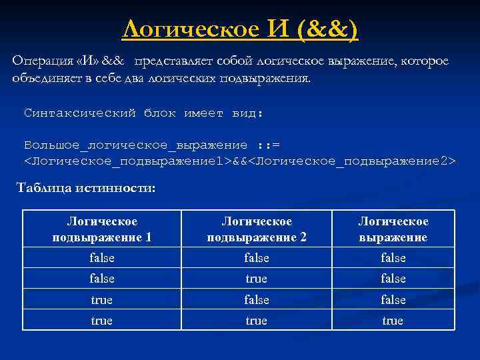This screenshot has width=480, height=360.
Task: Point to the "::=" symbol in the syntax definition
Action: (x=269, y=145)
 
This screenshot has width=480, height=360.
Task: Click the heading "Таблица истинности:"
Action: (x=86, y=189)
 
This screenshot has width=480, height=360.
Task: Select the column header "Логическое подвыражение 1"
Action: (x=102, y=229)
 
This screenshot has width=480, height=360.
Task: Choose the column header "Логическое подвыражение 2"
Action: (x=257, y=229)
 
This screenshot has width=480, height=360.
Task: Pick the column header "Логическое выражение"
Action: (x=393, y=229)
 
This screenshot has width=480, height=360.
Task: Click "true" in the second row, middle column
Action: (x=257, y=279)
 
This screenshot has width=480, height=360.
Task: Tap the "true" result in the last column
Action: (x=393, y=321)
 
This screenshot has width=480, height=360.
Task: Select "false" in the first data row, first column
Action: (x=102, y=258)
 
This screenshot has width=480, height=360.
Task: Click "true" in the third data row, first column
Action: (x=102, y=300)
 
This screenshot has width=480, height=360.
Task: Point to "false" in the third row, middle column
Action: (x=257, y=300)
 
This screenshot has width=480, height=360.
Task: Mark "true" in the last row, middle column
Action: (x=257, y=321)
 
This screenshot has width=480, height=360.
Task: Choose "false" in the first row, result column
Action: (x=393, y=258)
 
